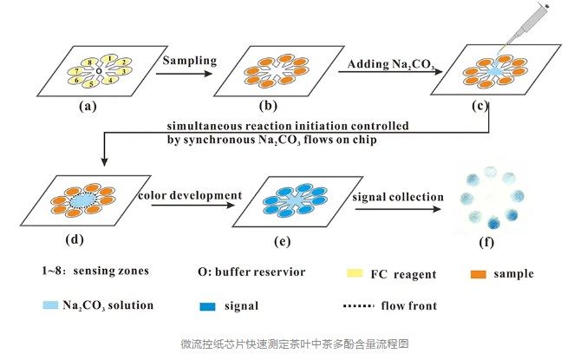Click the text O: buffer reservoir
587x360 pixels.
[x=251, y=272]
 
